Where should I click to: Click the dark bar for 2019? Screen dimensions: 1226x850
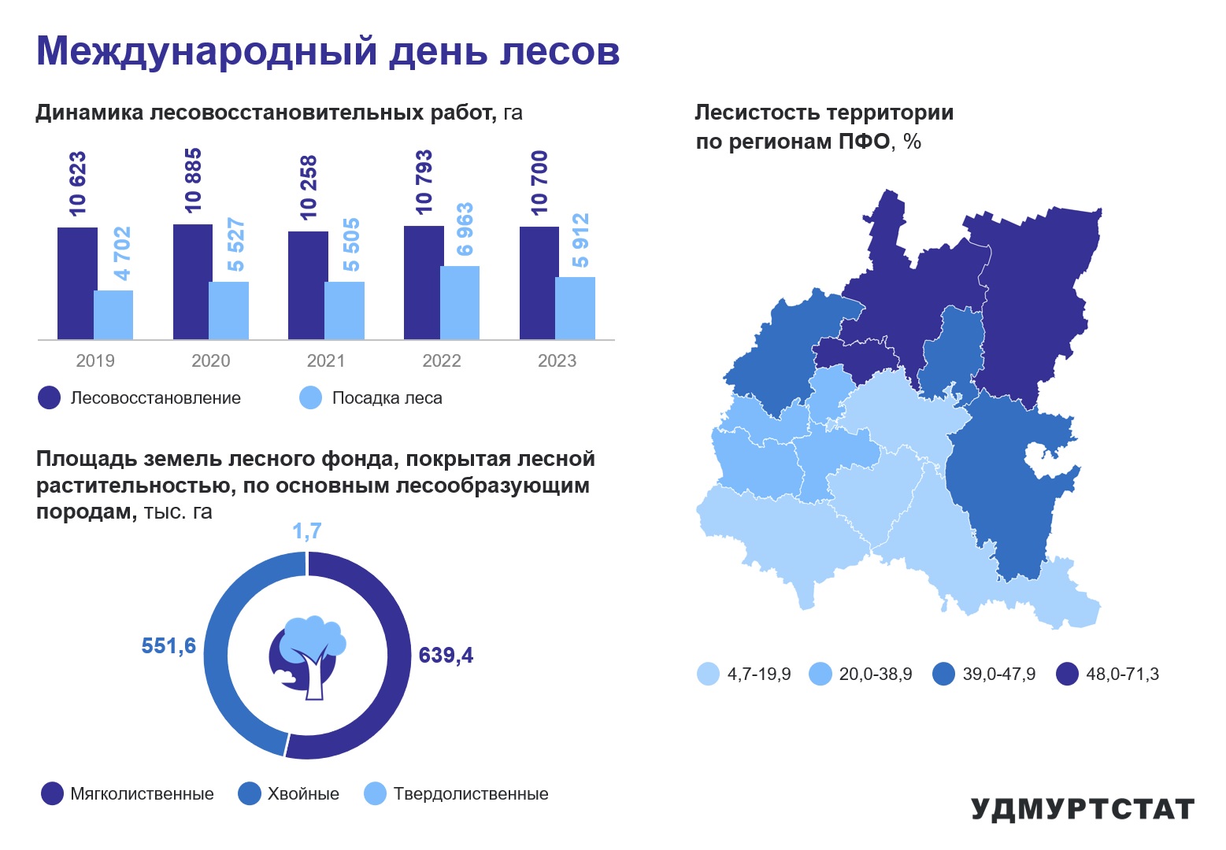tap(77, 283)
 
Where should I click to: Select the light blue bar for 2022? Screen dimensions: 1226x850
tap(460, 303)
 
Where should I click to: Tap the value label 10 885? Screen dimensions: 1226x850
tap(193, 180)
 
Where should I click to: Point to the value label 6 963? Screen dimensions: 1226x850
tap(465, 229)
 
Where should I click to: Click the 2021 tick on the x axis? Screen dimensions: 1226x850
tap(326, 361)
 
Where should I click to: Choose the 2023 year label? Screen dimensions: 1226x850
tap(557, 361)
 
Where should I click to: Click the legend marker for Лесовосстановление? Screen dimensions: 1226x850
tap(50, 397)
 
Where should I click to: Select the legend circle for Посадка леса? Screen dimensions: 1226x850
tap(311, 397)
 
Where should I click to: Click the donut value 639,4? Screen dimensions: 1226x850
tap(446, 656)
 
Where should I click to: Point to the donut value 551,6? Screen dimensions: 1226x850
tap(169, 646)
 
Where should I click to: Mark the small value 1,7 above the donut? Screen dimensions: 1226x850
tap(307, 531)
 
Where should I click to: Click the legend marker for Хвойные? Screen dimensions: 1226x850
tap(249, 793)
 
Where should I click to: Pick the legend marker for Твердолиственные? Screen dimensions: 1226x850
tap(376, 793)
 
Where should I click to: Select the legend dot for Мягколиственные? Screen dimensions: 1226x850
tap(53, 793)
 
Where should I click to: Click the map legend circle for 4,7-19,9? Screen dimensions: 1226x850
tap(708, 674)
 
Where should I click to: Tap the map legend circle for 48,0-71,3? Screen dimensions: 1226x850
tap(1067, 674)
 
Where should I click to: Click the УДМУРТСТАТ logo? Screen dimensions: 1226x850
tap(1083, 809)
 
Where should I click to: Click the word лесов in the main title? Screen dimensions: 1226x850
tap(559, 51)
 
